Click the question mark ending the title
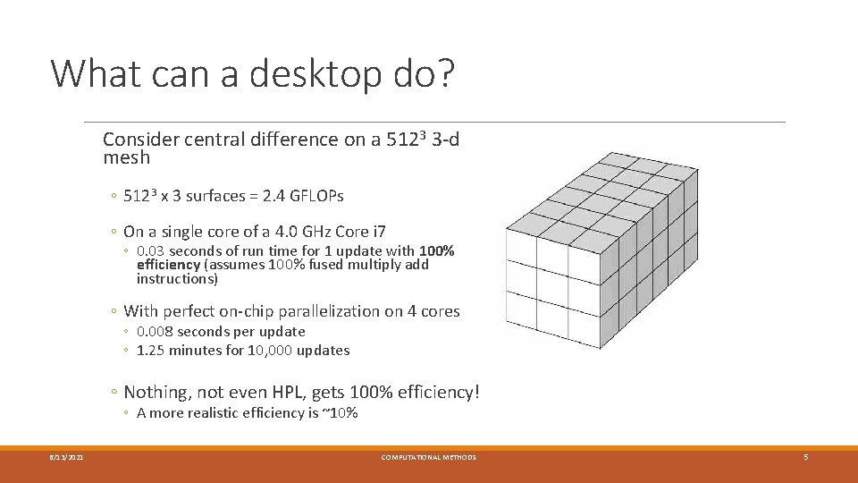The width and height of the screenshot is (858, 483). coord(444,74)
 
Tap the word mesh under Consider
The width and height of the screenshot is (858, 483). coord(126,158)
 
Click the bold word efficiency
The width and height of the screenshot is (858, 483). coord(168,265)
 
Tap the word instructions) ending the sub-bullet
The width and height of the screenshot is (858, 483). coord(177,279)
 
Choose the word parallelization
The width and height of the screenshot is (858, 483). coord(329,311)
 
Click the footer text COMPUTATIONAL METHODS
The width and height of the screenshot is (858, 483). coord(429,458)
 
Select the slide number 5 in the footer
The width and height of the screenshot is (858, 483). coord(805,458)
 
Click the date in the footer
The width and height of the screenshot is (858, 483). coord(67,458)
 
